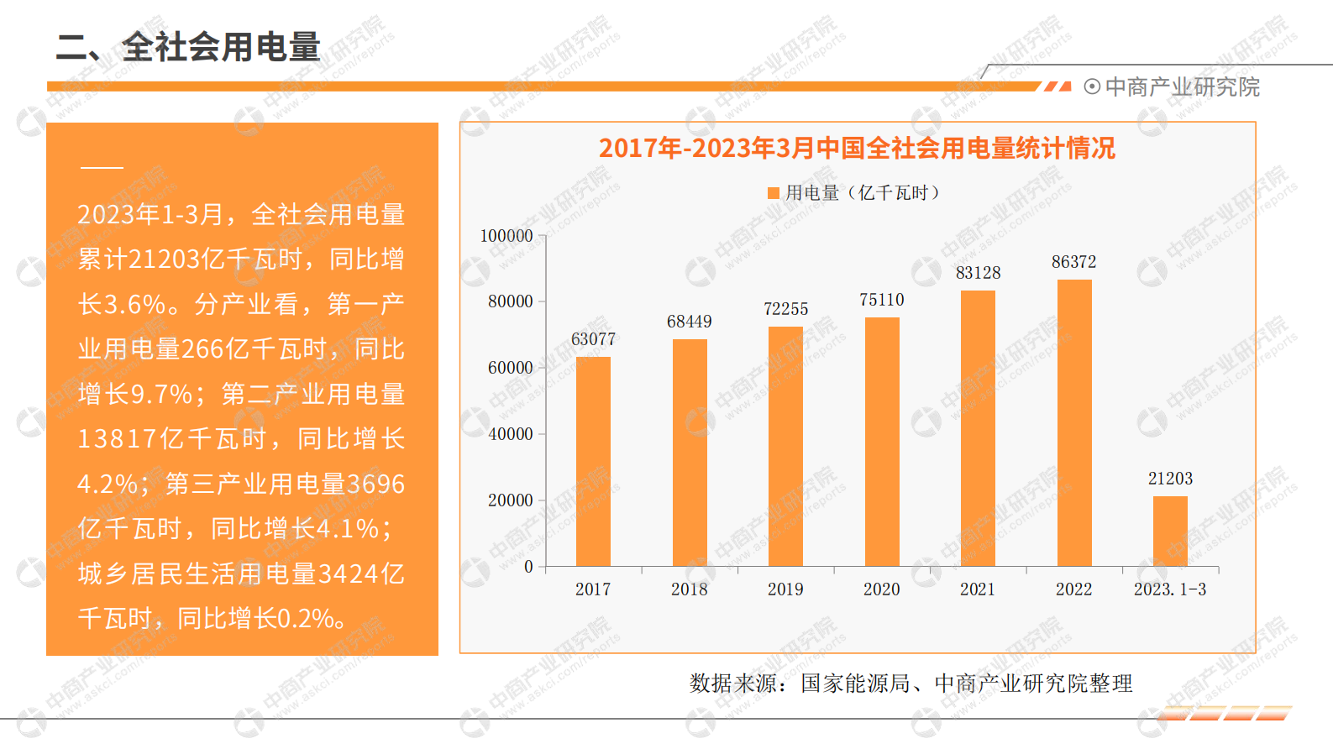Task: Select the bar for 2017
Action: (593, 461)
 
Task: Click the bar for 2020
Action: (882, 441)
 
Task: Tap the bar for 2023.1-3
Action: (1170, 531)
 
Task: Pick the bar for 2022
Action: (1074, 422)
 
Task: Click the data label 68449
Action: (689, 322)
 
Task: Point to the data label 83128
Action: (978, 273)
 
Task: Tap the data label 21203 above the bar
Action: (1170, 479)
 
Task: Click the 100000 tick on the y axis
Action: (506, 236)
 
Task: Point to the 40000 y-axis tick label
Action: (510, 434)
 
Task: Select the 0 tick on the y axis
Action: (528, 567)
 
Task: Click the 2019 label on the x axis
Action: (785, 589)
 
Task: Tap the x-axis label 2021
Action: (978, 589)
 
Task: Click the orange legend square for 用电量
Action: (774, 193)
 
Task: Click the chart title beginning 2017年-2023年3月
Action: (857, 149)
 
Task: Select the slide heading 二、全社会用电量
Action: (188, 47)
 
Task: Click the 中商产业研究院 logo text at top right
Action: (1182, 87)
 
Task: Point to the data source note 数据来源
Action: (911, 684)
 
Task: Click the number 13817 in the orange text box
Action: (117, 439)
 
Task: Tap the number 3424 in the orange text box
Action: (349, 574)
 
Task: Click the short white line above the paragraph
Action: (102, 168)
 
